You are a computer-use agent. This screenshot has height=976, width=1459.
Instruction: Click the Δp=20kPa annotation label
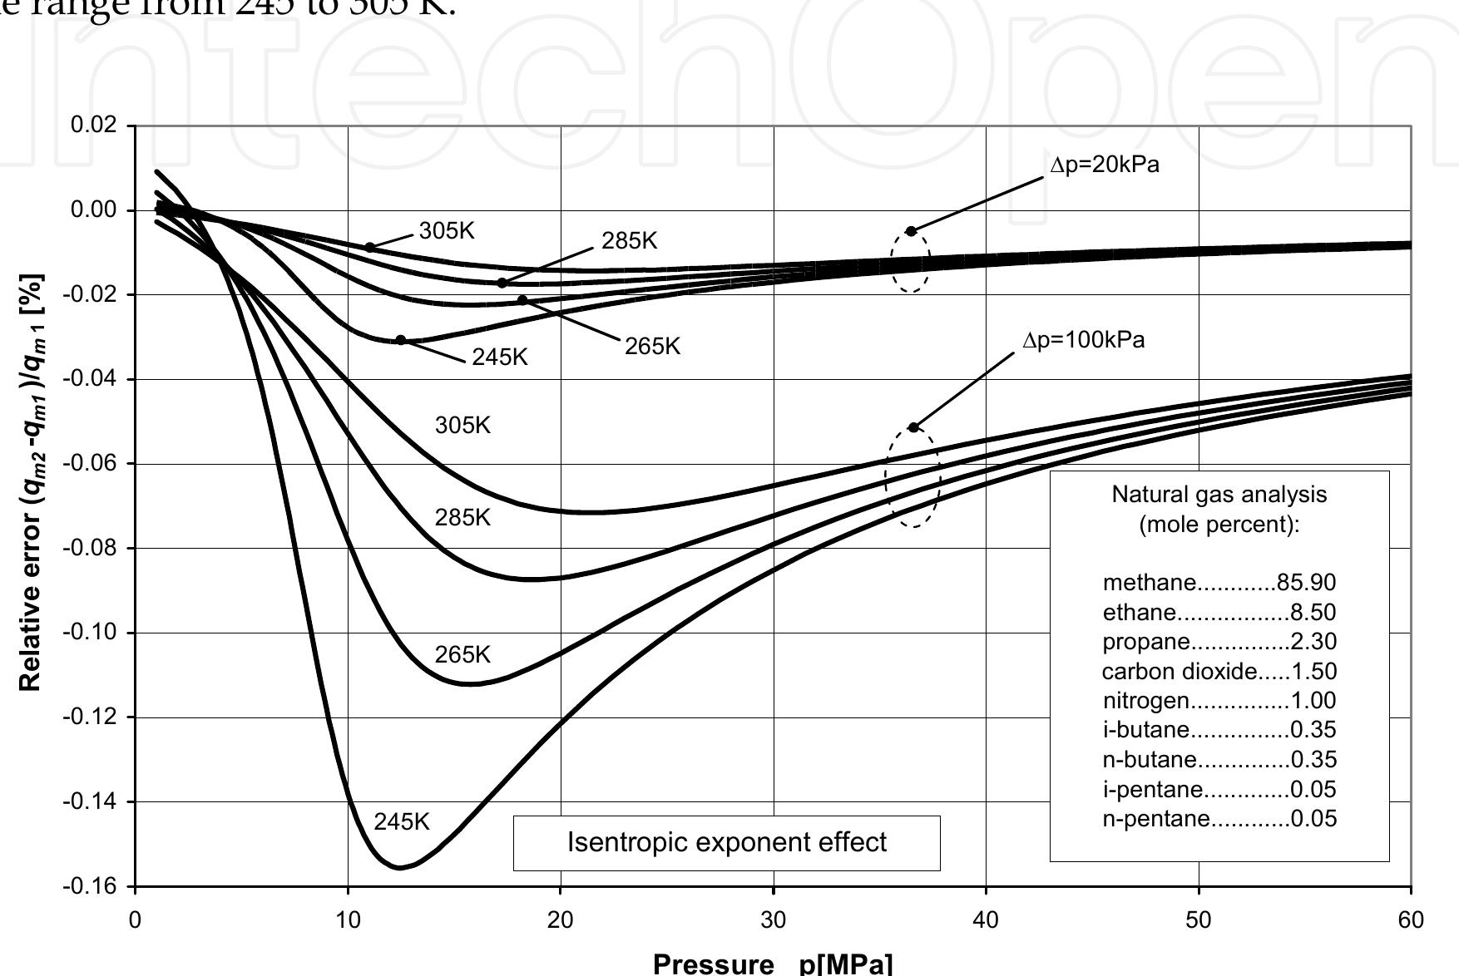point(1105,165)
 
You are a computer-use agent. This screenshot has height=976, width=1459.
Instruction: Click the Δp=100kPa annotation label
point(1083,340)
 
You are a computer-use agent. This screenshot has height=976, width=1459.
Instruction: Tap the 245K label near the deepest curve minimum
point(401,822)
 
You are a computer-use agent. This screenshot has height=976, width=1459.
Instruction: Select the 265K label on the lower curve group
point(462,655)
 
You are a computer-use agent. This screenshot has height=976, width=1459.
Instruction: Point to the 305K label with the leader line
point(447,231)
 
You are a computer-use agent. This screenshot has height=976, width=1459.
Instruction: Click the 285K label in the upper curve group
point(629,241)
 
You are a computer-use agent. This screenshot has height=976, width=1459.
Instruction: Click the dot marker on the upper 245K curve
point(401,340)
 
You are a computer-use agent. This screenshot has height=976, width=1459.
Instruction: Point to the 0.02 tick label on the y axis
point(95,126)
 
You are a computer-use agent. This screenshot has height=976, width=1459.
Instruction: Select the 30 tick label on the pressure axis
point(773,920)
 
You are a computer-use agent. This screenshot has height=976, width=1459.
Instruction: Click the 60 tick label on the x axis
point(1411,920)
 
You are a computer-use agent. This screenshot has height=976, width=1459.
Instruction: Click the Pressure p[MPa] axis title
point(773,964)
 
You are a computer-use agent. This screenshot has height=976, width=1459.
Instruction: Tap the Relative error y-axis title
point(31,482)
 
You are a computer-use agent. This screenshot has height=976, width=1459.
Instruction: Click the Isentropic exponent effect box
point(726,842)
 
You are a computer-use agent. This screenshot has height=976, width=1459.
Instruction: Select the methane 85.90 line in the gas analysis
point(1219,583)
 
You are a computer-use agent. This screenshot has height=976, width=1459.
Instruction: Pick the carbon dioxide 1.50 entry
point(1219,671)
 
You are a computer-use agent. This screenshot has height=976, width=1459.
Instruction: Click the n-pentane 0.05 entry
point(1219,819)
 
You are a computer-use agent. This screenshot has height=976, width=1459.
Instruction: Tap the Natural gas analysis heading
point(1219,509)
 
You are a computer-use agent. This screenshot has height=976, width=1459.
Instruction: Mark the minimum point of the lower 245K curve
point(400,868)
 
